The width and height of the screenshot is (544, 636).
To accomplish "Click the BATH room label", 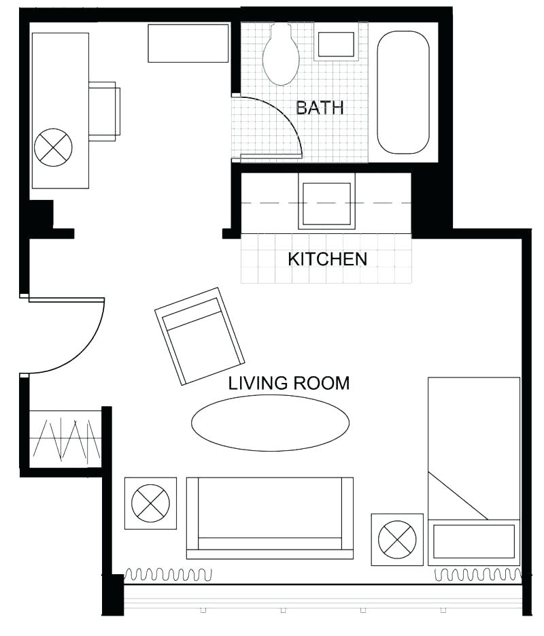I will (319, 107).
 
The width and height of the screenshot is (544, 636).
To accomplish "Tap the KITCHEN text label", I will (327, 259).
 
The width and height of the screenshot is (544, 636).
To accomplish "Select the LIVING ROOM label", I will (288, 383).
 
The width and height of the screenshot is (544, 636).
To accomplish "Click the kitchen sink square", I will (326, 201).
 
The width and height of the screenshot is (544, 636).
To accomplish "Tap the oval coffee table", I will (270, 422).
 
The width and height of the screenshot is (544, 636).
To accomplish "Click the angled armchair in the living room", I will (200, 335).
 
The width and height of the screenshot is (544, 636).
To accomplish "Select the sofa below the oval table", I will (270, 517).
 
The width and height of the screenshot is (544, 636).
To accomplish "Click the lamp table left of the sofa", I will (150, 503).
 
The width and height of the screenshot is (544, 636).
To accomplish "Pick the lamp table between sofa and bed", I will (397, 539).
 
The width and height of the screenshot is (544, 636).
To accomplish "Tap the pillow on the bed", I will (474, 541).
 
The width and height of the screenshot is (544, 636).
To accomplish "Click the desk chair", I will (104, 111).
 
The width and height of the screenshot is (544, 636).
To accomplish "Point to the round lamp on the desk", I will (53, 148).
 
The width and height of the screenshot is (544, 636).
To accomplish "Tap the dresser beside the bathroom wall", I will (188, 44).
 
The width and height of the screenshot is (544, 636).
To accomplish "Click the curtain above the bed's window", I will (477, 575).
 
